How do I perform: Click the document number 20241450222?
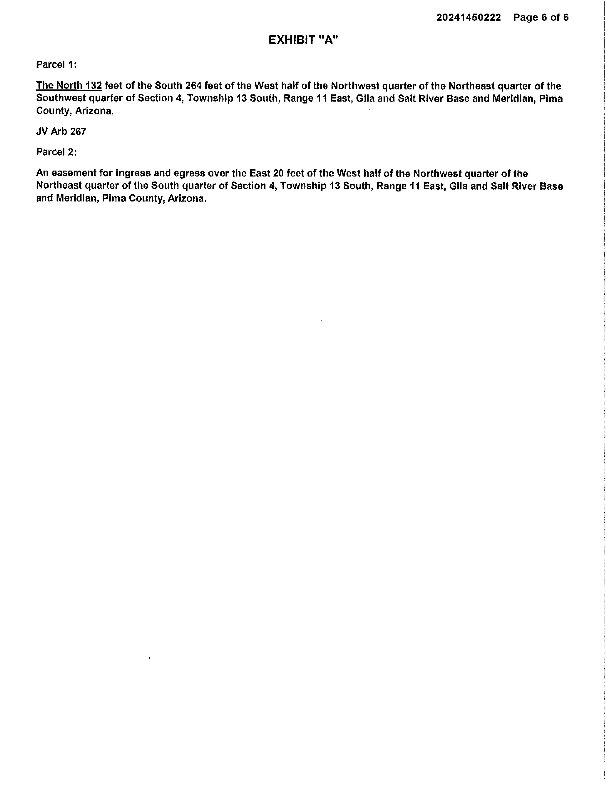[468, 18]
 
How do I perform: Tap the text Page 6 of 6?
[541, 18]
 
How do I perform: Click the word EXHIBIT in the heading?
[292, 40]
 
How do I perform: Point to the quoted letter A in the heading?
[328, 40]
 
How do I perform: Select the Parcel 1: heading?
[56, 65]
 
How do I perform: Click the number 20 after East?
[278, 174]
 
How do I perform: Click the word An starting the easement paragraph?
[42, 174]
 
